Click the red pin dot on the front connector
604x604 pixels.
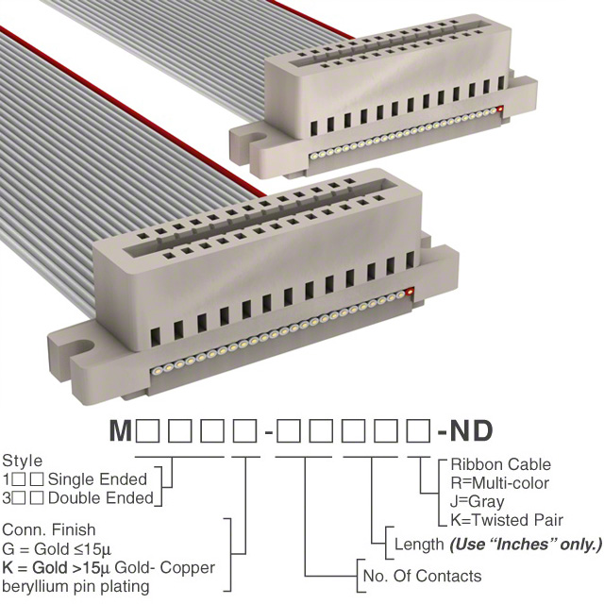coord(410,291)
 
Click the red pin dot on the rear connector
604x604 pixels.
coord(500,109)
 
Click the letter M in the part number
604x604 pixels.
coord(120,430)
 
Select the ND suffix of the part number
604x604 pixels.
coord(471,430)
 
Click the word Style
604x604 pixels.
coord(23,461)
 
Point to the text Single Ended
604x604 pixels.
coord(97,479)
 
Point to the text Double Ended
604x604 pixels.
coord(101,498)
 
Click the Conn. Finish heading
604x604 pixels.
coord(49,529)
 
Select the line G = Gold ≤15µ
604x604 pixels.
coord(57,548)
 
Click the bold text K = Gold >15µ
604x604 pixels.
coord(57,567)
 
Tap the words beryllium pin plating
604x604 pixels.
coord(75,587)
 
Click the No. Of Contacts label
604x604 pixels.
coord(422,576)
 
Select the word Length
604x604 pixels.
coord(419,545)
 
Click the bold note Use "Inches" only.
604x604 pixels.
coord(526,545)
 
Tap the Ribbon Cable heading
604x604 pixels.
coord(501,464)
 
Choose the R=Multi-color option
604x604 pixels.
coord(499,482)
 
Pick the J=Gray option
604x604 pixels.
coord(477,501)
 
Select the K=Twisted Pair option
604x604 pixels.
coord(507,520)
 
